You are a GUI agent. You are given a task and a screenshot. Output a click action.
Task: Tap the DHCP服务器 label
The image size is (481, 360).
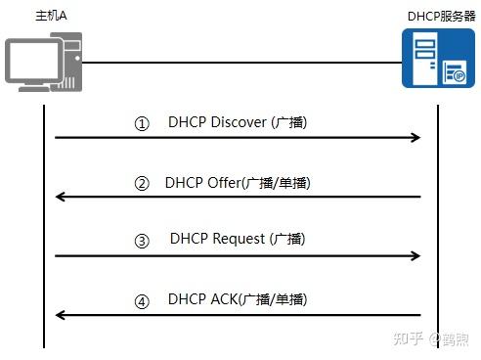click(x=440, y=18)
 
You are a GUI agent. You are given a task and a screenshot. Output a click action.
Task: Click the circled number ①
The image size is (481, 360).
click(x=143, y=125)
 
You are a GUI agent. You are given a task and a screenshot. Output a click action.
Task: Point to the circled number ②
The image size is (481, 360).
click(x=142, y=184)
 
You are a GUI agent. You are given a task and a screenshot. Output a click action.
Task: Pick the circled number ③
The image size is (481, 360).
click(x=142, y=241)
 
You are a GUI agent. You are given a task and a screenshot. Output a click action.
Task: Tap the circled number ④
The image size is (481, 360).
click(x=142, y=301)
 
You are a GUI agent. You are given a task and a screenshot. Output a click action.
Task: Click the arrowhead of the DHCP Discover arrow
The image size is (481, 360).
click(x=415, y=138)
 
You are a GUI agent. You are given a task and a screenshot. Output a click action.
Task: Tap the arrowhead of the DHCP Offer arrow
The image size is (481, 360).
click(x=61, y=197)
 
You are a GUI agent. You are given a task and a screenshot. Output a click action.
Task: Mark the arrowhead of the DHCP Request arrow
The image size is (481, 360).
click(x=415, y=255)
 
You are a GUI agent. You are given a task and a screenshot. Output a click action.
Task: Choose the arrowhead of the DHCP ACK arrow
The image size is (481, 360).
click(x=61, y=315)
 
